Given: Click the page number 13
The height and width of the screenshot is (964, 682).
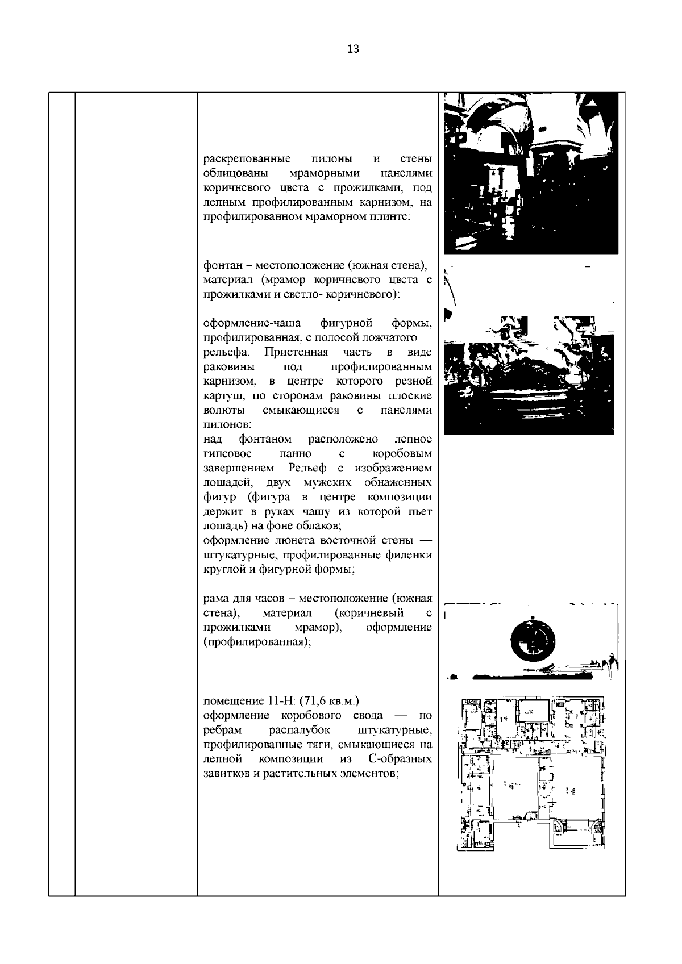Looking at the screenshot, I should [352, 49].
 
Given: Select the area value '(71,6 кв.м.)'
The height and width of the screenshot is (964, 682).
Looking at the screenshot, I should [328, 700].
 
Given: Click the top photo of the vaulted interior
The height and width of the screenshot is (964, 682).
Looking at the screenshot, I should [530, 173].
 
